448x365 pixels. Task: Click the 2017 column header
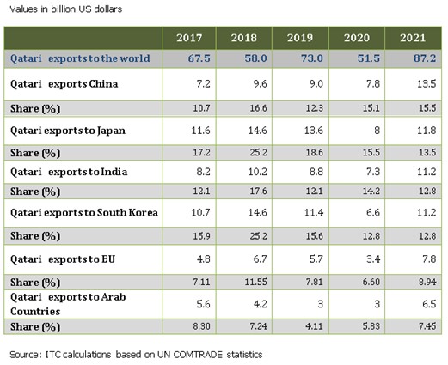click(188, 39)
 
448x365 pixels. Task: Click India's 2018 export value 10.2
click(244, 171)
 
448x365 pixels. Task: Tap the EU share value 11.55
click(244, 280)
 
